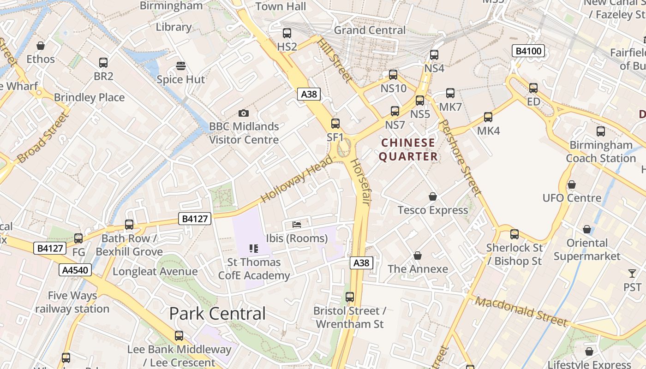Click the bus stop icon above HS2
click(287, 33)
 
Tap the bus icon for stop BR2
click(103, 63)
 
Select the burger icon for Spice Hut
click(181, 66)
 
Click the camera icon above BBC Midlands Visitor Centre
click(244, 113)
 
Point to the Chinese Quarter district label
click(408, 149)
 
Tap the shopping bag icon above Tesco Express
click(433, 197)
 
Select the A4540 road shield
click(75, 270)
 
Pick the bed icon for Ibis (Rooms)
click(297, 225)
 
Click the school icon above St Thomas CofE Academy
click(254, 249)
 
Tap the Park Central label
click(217, 314)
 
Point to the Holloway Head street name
click(296, 179)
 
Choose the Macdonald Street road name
click(521, 311)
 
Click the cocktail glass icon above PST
click(632, 274)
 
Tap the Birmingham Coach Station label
click(601, 152)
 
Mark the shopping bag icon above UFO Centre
click(572, 185)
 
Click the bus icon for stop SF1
click(335, 124)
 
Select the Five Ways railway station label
click(72, 302)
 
